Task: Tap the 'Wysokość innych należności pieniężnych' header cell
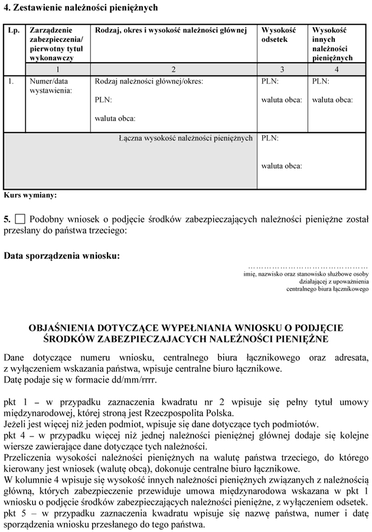click(332, 44)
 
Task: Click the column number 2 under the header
click(173, 70)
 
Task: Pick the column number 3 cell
click(282, 70)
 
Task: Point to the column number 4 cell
click(336, 70)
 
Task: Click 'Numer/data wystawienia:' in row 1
click(51, 86)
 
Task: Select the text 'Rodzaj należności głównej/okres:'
click(149, 82)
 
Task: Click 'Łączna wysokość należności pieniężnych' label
click(185, 138)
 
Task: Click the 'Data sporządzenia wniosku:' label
click(61, 256)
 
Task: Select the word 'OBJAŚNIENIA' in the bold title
click(67, 327)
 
